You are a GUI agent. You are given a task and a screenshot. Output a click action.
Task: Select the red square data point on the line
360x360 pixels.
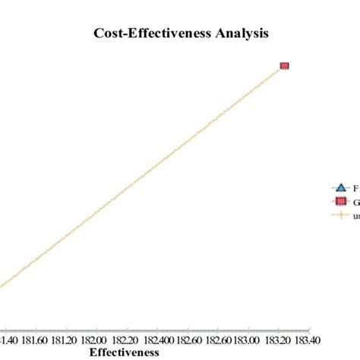pos(285,66)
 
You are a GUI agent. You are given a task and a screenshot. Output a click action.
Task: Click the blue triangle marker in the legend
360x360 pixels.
pos(339,188)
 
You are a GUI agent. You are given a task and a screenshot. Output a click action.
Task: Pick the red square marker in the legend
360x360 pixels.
pos(339,201)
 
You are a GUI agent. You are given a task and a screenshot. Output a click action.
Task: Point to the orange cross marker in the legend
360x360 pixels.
pos(339,216)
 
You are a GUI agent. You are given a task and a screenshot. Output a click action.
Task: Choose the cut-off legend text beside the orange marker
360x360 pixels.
pos(355,216)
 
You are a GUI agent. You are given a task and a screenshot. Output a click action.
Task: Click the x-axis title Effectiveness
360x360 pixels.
pos(125,352)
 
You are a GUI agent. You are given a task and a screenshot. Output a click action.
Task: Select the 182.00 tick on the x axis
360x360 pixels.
pos(94,340)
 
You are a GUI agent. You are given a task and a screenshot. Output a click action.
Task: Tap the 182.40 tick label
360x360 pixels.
pos(154,340)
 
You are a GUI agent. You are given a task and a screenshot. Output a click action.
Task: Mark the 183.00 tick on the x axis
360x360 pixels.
pos(245,340)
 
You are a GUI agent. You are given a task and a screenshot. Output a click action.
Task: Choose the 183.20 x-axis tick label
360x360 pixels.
pos(276,340)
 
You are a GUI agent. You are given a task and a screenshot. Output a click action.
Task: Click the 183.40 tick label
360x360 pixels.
pos(305,340)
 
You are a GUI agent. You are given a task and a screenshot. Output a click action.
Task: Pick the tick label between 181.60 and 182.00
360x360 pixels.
pos(65,340)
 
